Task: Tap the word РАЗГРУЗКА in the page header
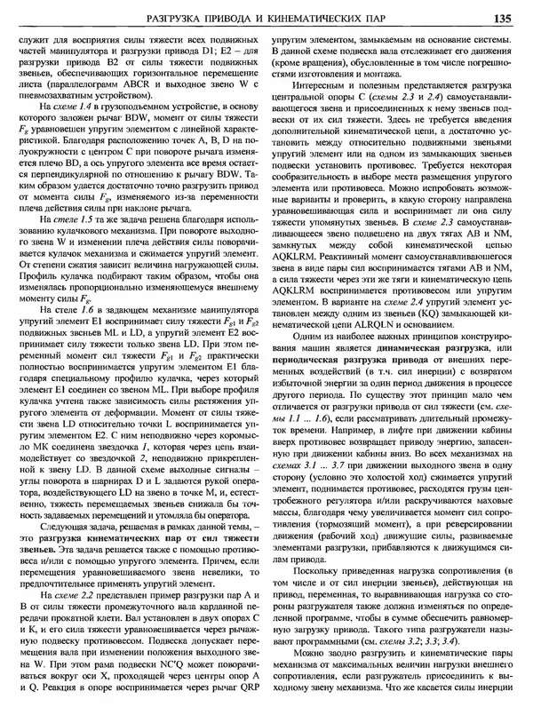click(236, 17)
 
